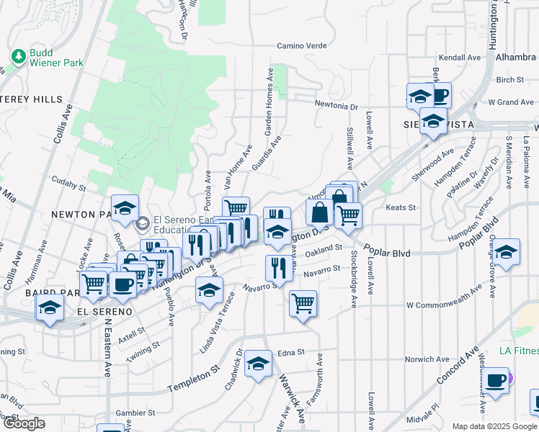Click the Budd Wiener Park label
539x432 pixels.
[56, 58]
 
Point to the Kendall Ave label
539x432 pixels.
[459, 57]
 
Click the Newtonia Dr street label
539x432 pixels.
[336, 106]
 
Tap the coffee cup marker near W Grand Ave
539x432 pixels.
[439, 94]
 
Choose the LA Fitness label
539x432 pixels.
[519, 351]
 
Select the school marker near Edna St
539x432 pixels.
[258, 362]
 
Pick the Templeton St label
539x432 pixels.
[193, 379]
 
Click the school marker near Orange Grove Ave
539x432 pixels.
[507, 251]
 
